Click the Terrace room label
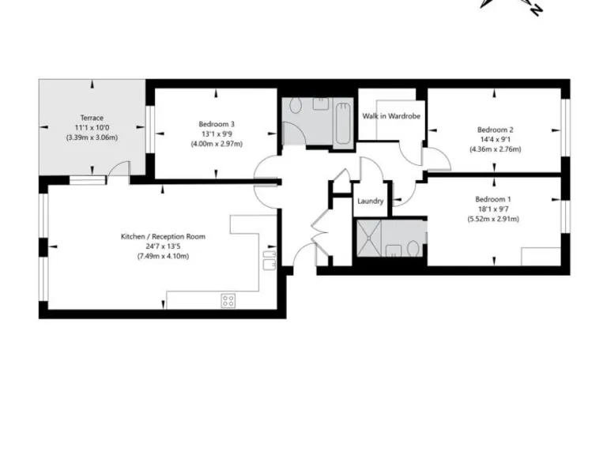click(92, 118)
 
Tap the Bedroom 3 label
click(216, 123)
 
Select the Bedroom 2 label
click(496, 130)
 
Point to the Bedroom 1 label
click(493, 199)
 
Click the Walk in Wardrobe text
click(391, 116)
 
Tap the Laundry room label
click(370, 201)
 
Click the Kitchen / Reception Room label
click(163, 236)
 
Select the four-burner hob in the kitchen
click(228, 300)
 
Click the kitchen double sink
click(269, 258)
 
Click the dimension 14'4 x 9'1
click(496, 139)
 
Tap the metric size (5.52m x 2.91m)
click(493, 219)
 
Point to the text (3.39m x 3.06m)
click(92, 137)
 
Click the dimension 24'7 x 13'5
click(163, 246)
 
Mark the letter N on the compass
click(536, 9)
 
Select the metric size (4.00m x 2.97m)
click(216, 144)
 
